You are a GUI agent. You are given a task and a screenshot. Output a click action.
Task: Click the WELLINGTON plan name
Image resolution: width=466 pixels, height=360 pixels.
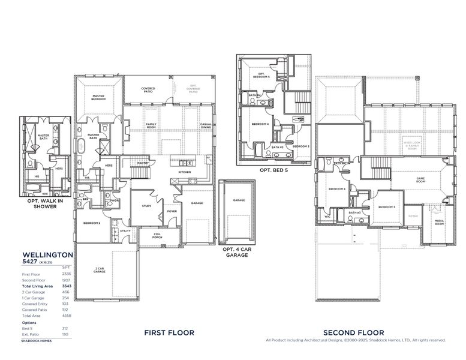click(47, 254)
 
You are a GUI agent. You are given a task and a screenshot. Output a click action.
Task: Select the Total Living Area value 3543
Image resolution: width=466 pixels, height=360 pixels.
click(67, 286)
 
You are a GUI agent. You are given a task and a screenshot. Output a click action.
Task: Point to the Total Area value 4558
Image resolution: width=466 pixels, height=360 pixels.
click(67, 315)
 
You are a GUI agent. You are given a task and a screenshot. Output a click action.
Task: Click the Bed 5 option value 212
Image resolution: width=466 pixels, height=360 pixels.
click(65, 328)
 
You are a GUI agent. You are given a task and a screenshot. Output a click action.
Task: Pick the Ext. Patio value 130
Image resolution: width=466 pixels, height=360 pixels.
click(65, 334)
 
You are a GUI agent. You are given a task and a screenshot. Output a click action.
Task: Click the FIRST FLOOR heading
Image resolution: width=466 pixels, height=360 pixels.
click(169, 332)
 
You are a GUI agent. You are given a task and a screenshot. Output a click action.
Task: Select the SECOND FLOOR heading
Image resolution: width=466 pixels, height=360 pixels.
click(353, 332)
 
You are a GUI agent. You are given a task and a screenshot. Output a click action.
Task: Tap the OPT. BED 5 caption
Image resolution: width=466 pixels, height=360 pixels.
click(274, 170)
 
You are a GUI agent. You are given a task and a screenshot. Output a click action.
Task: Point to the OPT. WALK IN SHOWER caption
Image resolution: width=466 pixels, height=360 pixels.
click(46, 203)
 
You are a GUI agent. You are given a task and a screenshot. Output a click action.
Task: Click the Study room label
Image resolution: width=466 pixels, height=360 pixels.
click(147, 206)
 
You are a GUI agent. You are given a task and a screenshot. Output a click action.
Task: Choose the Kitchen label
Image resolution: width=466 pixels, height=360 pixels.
click(184, 172)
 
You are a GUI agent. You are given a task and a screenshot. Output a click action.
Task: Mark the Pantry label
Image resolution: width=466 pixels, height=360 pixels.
click(143, 163)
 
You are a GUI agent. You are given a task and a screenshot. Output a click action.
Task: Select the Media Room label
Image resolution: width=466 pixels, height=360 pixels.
click(439, 223)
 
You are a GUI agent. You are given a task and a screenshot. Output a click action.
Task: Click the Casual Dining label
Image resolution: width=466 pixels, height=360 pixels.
click(206, 125)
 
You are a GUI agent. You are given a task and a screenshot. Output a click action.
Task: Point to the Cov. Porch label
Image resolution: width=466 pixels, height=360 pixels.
click(157, 236)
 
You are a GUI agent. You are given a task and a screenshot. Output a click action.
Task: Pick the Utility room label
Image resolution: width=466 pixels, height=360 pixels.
click(125, 231)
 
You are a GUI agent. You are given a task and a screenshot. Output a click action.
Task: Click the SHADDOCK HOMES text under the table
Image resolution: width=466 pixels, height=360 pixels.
click(37, 341)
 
